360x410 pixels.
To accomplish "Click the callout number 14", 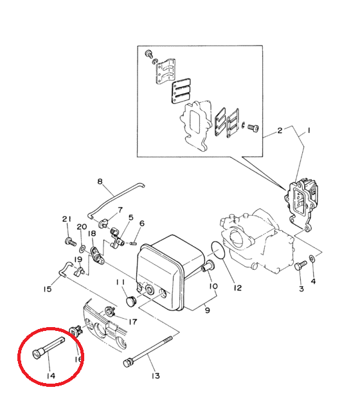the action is point(51,376).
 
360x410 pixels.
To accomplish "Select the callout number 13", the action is point(156,376).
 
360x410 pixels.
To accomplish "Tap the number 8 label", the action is point(100,181).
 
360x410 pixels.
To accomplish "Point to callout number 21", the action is point(67,219).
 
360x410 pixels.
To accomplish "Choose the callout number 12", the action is point(238,288).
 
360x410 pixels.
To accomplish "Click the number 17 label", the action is point(133,321).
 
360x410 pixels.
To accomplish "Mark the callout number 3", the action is point(301,289).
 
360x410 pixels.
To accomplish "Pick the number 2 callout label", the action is point(280,130).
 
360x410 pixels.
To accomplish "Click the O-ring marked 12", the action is point(218,250).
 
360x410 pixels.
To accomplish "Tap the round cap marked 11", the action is point(130,301).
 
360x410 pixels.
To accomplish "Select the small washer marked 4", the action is point(312,258).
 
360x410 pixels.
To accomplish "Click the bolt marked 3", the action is point(300,265).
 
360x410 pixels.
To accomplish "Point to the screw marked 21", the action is point(70,241).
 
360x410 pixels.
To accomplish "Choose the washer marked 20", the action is point(83,249).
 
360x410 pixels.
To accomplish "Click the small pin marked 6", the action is point(133,244).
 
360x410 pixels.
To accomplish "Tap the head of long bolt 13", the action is point(127,363).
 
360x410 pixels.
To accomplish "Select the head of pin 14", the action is point(37,354).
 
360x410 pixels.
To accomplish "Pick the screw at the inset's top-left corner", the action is point(149,53).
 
